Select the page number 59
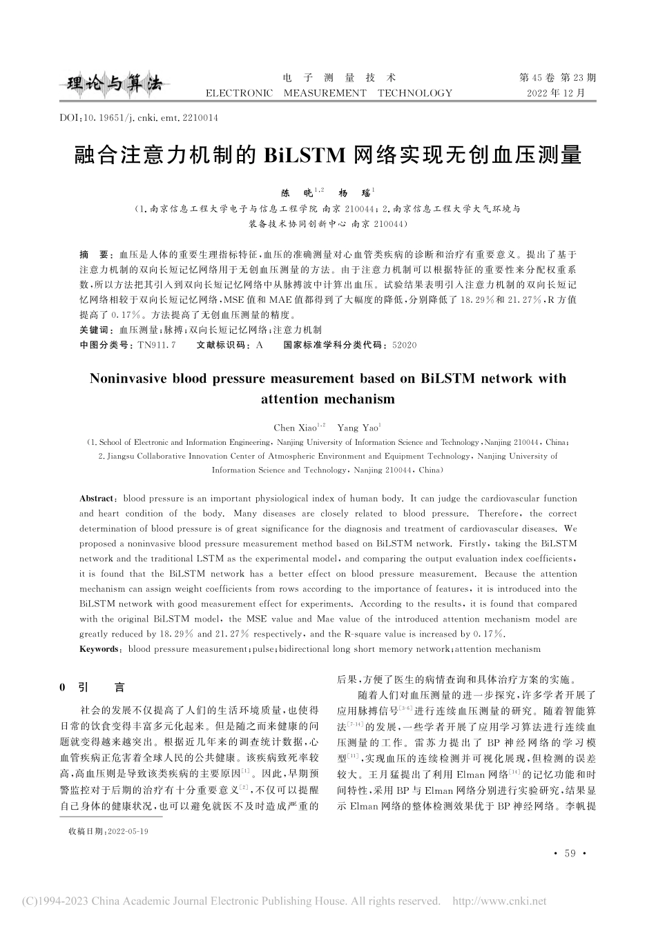(x=570, y=854)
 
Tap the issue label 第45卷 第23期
(x=557, y=78)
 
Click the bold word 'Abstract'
(x=96, y=498)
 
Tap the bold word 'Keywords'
(x=99, y=649)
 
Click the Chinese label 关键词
(x=96, y=330)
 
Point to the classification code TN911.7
(x=158, y=344)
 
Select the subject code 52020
(x=404, y=344)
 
